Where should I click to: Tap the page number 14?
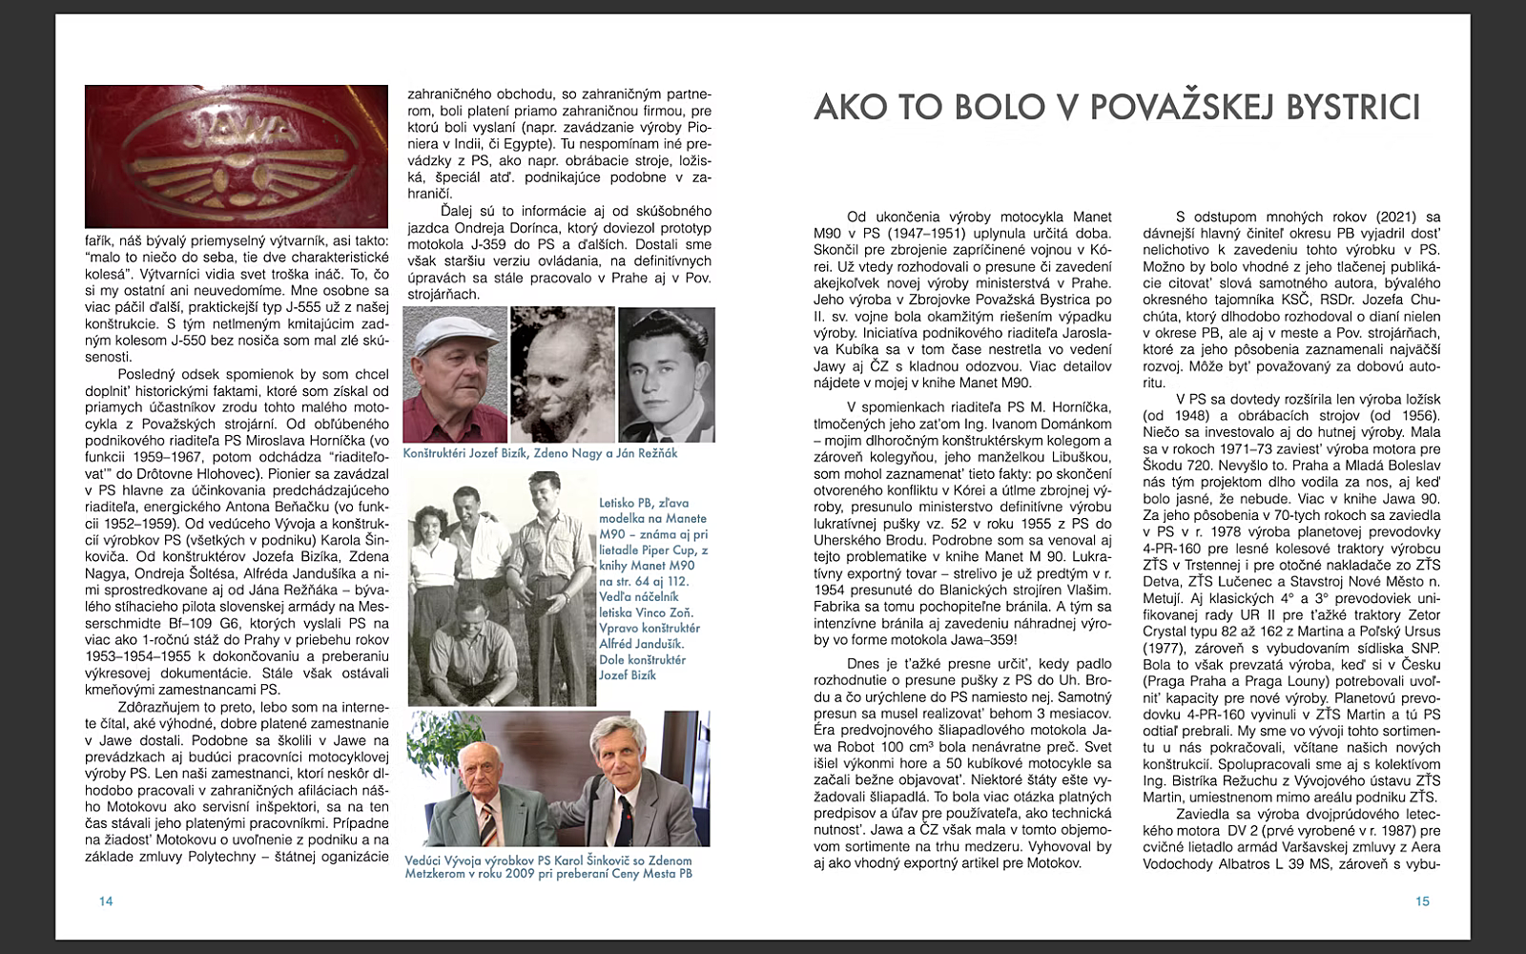[106, 902]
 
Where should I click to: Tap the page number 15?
[1422, 902]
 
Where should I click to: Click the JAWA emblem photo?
[237, 156]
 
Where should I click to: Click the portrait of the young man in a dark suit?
[666, 374]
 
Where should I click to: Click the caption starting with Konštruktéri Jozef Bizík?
[540, 453]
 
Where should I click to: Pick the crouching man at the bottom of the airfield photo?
[472, 649]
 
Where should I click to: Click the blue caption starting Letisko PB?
[653, 588]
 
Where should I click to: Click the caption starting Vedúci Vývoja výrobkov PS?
[548, 866]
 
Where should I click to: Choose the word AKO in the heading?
[848, 107]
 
